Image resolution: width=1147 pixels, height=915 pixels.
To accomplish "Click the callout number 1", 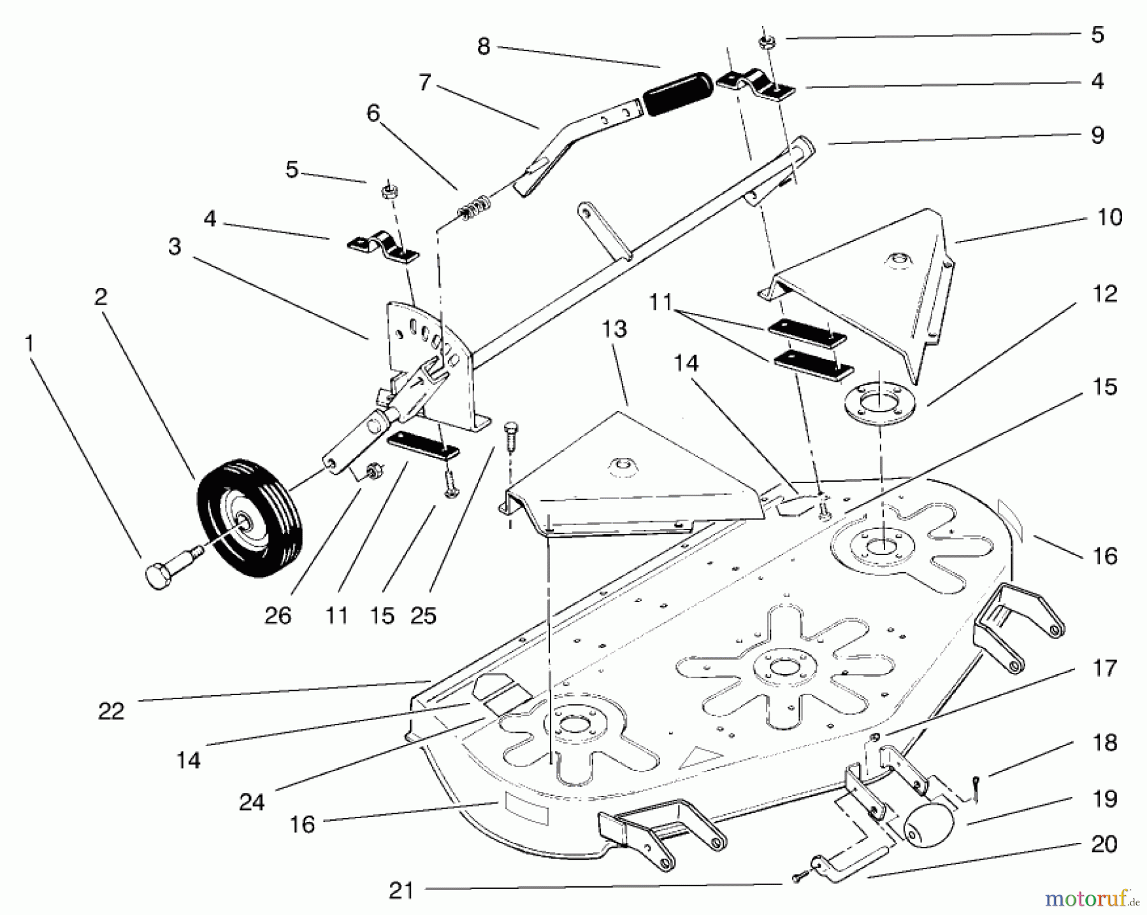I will point(28,345).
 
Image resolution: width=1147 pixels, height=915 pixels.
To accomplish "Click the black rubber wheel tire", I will point(250,517).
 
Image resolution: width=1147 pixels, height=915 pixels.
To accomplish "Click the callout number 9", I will point(1097,135).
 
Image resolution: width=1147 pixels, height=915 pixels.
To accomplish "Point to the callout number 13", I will point(614,329).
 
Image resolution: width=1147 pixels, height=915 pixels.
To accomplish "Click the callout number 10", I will point(1109,217).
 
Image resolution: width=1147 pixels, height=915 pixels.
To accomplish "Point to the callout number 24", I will point(251,802).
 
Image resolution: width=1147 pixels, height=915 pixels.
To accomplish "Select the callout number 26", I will point(278,616).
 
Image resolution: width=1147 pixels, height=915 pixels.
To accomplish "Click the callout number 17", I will point(1104,668).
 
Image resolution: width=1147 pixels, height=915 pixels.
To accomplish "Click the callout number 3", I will point(175,247).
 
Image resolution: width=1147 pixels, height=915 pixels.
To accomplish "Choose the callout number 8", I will point(484,47).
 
